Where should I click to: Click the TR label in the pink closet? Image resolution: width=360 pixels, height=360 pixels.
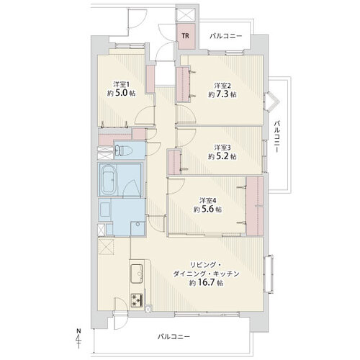tap(185, 36)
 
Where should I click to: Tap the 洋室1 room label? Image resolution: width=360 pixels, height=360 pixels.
tap(122, 85)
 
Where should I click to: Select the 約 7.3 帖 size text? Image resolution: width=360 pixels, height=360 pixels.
tap(222, 94)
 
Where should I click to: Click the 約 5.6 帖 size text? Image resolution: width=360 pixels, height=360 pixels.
tap(208, 210)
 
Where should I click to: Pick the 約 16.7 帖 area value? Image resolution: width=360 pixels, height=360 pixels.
tap(207, 283)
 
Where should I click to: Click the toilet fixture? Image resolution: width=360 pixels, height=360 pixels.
tap(123, 151)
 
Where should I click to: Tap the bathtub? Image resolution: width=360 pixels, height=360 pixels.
tap(108, 179)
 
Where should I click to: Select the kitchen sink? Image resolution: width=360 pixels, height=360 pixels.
tap(137, 274)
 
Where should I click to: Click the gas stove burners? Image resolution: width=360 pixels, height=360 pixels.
tap(137, 300)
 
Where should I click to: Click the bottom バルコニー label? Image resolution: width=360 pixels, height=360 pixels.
tap(174, 337)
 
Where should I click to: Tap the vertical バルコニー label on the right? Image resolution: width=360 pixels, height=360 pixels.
tap(277, 137)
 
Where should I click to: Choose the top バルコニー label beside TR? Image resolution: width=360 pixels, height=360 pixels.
tap(226, 36)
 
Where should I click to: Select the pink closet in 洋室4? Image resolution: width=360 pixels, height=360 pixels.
tap(255, 206)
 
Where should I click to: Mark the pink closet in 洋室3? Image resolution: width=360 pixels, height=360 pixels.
tap(174, 162)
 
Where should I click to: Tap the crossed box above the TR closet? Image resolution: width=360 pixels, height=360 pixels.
tap(186, 14)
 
